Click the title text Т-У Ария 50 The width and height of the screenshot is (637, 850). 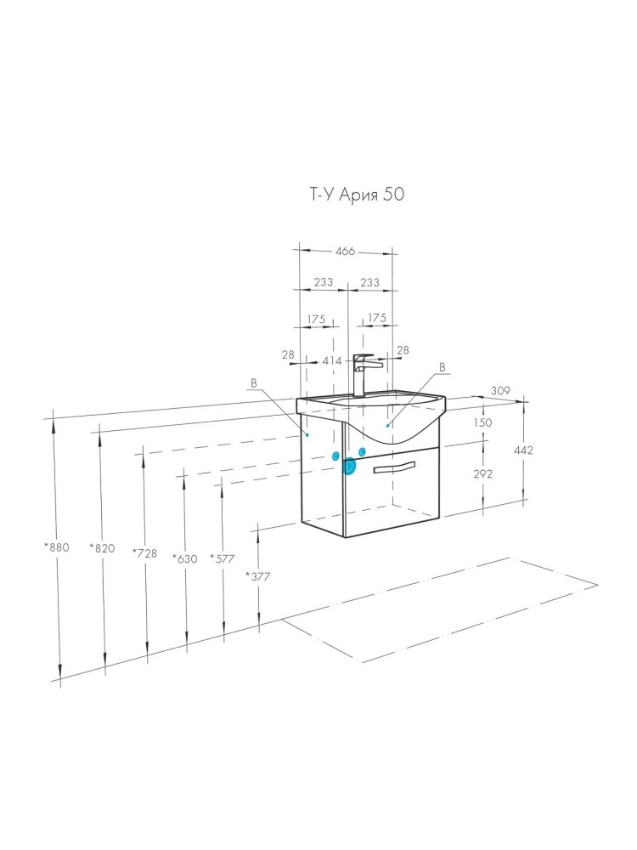point(357,195)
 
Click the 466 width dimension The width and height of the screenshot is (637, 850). point(345,251)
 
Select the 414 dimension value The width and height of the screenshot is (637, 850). point(331,361)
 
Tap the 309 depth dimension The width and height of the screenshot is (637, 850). point(500,390)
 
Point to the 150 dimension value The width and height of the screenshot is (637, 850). point(482,422)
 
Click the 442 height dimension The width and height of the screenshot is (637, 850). point(523,450)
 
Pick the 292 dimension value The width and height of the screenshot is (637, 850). point(482,473)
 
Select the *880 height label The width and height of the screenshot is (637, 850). point(57,547)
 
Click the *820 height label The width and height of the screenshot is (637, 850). point(103,548)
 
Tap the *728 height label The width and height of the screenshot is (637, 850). point(144,553)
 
